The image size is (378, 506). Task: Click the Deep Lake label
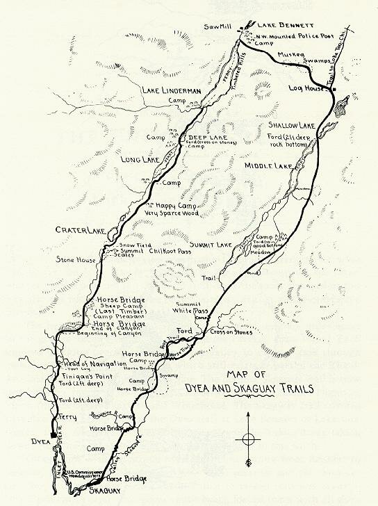pyautogui.click(x=206, y=138)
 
